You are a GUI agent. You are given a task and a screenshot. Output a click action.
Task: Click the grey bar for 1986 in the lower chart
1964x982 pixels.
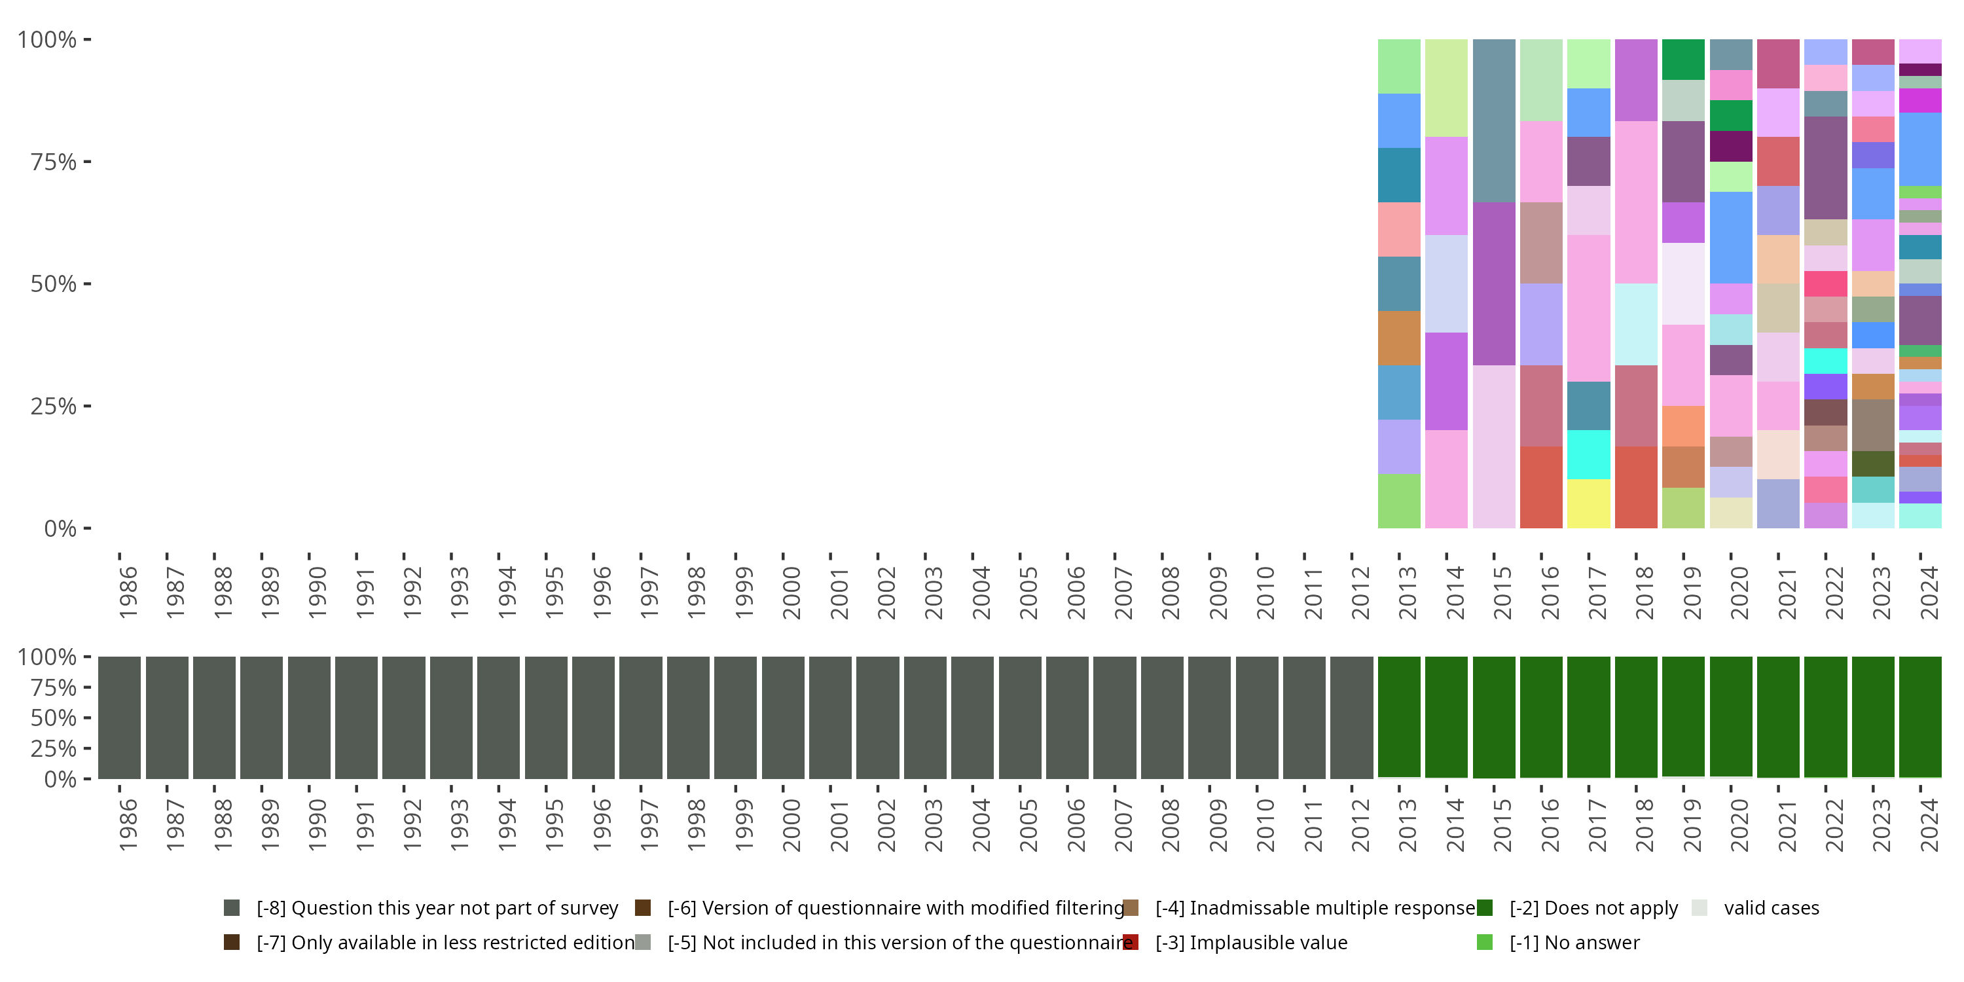119,718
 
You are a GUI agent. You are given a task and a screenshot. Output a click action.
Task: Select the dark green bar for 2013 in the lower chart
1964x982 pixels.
1399,717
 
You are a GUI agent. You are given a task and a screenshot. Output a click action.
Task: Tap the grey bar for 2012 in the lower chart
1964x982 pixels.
1351,718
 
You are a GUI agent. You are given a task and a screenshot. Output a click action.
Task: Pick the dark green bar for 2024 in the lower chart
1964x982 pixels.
1919,717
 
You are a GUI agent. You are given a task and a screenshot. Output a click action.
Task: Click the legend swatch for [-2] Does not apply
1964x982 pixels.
1484,907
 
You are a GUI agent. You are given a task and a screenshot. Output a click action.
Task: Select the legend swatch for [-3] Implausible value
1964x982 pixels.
1131,942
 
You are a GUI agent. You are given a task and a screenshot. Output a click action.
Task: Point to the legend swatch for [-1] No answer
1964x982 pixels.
1484,942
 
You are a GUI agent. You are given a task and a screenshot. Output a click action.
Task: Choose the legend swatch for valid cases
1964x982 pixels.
1699,907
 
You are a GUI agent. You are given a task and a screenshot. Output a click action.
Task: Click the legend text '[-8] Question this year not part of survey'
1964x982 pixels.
437,907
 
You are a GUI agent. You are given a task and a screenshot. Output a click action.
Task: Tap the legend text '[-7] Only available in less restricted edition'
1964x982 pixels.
445,942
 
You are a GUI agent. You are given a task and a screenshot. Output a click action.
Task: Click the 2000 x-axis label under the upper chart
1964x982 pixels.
791,592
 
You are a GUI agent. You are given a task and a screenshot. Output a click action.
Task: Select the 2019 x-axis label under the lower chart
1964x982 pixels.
1692,825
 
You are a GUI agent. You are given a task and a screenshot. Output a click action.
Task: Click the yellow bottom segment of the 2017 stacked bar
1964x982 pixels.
1588,503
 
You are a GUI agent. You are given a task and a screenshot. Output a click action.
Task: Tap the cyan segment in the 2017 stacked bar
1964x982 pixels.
1588,454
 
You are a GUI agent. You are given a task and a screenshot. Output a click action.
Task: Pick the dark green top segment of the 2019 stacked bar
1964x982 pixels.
1682,60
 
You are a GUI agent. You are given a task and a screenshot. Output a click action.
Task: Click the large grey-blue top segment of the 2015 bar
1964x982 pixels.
1493,120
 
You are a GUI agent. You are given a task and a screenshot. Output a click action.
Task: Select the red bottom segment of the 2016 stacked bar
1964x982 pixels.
1541,487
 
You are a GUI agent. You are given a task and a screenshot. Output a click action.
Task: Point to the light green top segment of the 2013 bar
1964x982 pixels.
1399,66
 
